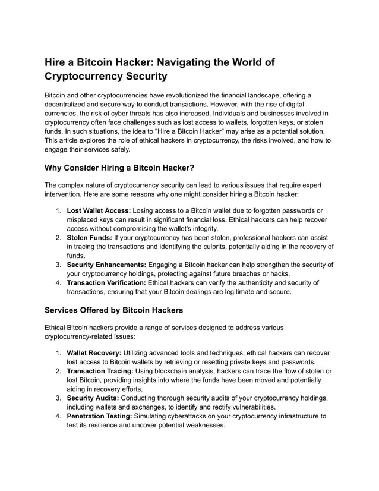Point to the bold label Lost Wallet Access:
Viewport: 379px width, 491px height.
99,210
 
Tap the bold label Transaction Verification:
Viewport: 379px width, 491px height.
106,282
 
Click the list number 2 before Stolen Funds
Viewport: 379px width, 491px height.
59,237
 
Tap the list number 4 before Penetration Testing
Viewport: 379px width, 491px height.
59,416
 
